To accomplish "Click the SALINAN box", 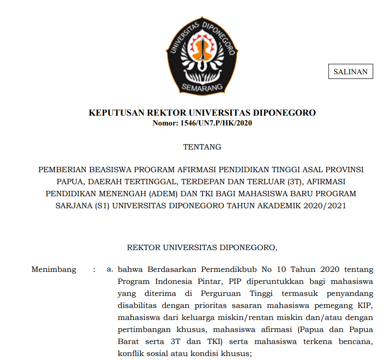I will tap(350, 72).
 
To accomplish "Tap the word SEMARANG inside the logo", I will tap(202, 87).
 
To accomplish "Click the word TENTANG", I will tap(202, 147).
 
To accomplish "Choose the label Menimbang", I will tap(54, 270).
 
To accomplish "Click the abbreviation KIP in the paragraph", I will tap(366, 306).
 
